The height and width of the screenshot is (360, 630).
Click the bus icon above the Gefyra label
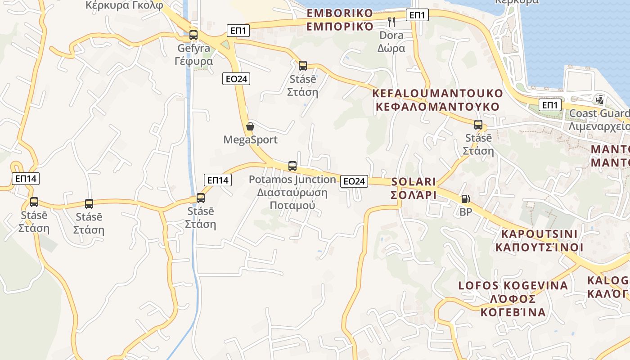[x=193, y=35]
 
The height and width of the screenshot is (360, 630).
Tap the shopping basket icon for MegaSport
[x=250, y=126]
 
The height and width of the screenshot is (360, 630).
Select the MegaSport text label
[x=250, y=140]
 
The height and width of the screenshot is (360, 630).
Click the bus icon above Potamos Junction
[x=292, y=166]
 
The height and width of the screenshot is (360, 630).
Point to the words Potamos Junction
[x=292, y=180]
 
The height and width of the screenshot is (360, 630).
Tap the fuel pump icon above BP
[x=465, y=198]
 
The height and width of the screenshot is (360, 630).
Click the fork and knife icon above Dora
[x=391, y=21]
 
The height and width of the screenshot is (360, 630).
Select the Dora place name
[x=391, y=35]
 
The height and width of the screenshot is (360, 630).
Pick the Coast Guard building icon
[x=599, y=99]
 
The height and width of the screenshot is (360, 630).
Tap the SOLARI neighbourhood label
[x=414, y=182]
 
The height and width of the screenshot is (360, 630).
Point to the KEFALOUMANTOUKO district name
[x=437, y=94]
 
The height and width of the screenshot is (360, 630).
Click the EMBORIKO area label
[x=340, y=13]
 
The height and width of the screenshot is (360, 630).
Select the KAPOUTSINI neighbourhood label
[x=539, y=234]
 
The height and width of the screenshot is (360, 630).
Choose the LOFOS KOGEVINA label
[x=513, y=286]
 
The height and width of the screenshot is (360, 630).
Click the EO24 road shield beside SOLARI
[x=354, y=181]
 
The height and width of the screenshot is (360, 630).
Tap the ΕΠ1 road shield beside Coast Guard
[x=549, y=105]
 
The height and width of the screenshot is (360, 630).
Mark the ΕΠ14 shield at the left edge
[x=26, y=179]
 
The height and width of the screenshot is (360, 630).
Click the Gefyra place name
[x=193, y=48]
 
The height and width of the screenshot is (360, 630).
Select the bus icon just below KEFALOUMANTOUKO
[x=478, y=125]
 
